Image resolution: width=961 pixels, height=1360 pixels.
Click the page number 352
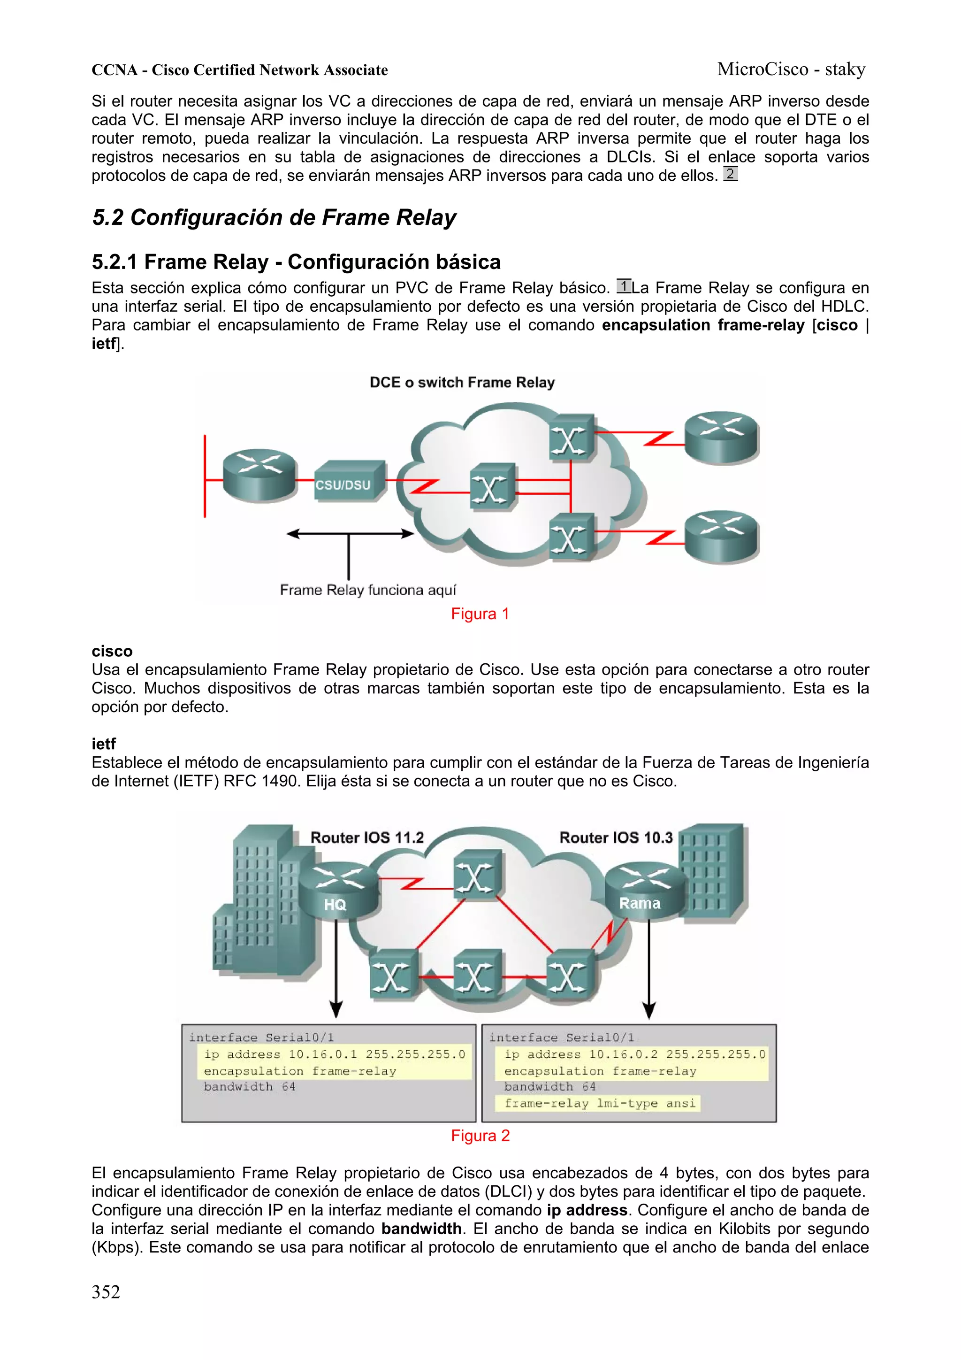click(x=106, y=1291)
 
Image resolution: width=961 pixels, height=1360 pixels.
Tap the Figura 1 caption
click(x=480, y=614)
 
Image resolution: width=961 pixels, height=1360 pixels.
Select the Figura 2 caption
click(x=480, y=1136)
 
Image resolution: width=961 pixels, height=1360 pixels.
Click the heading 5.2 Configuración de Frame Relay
click(x=274, y=217)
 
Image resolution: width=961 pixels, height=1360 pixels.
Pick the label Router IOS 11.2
click(x=367, y=838)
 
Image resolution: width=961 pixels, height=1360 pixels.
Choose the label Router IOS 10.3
click(x=616, y=838)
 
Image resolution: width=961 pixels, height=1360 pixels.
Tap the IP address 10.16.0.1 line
click(x=335, y=1054)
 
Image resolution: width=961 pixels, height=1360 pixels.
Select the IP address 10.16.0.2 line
click(x=635, y=1054)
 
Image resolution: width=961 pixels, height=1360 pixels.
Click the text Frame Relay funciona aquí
click(x=368, y=590)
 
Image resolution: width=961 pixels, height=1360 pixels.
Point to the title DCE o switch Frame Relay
click(x=462, y=383)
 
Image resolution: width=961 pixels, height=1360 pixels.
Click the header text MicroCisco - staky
click(x=791, y=69)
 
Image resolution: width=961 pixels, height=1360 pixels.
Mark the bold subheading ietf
click(x=104, y=744)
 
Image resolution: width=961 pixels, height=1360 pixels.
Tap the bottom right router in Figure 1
click(x=721, y=536)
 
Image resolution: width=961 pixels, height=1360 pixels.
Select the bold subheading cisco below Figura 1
click(x=112, y=651)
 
